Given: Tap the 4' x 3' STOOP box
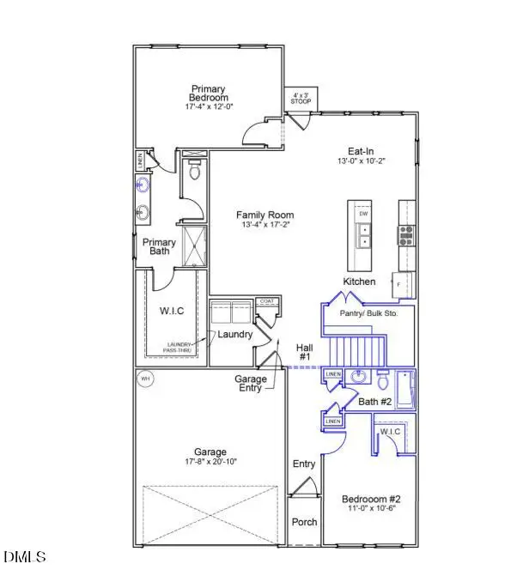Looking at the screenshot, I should pyautogui.click(x=301, y=99).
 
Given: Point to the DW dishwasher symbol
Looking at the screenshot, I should pyautogui.click(x=362, y=214).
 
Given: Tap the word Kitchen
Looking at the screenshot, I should pyautogui.click(x=361, y=282).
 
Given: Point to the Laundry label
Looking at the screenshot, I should pyautogui.click(x=234, y=334).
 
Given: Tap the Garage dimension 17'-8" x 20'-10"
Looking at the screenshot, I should pyautogui.click(x=210, y=462).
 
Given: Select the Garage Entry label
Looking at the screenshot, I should pyautogui.click(x=251, y=384).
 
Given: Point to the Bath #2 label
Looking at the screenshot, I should pyautogui.click(x=374, y=402).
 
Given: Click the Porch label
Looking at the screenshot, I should pyautogui.click(x=305, y=522).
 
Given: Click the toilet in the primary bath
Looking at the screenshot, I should pyautogui.click(x=194, y=172).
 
